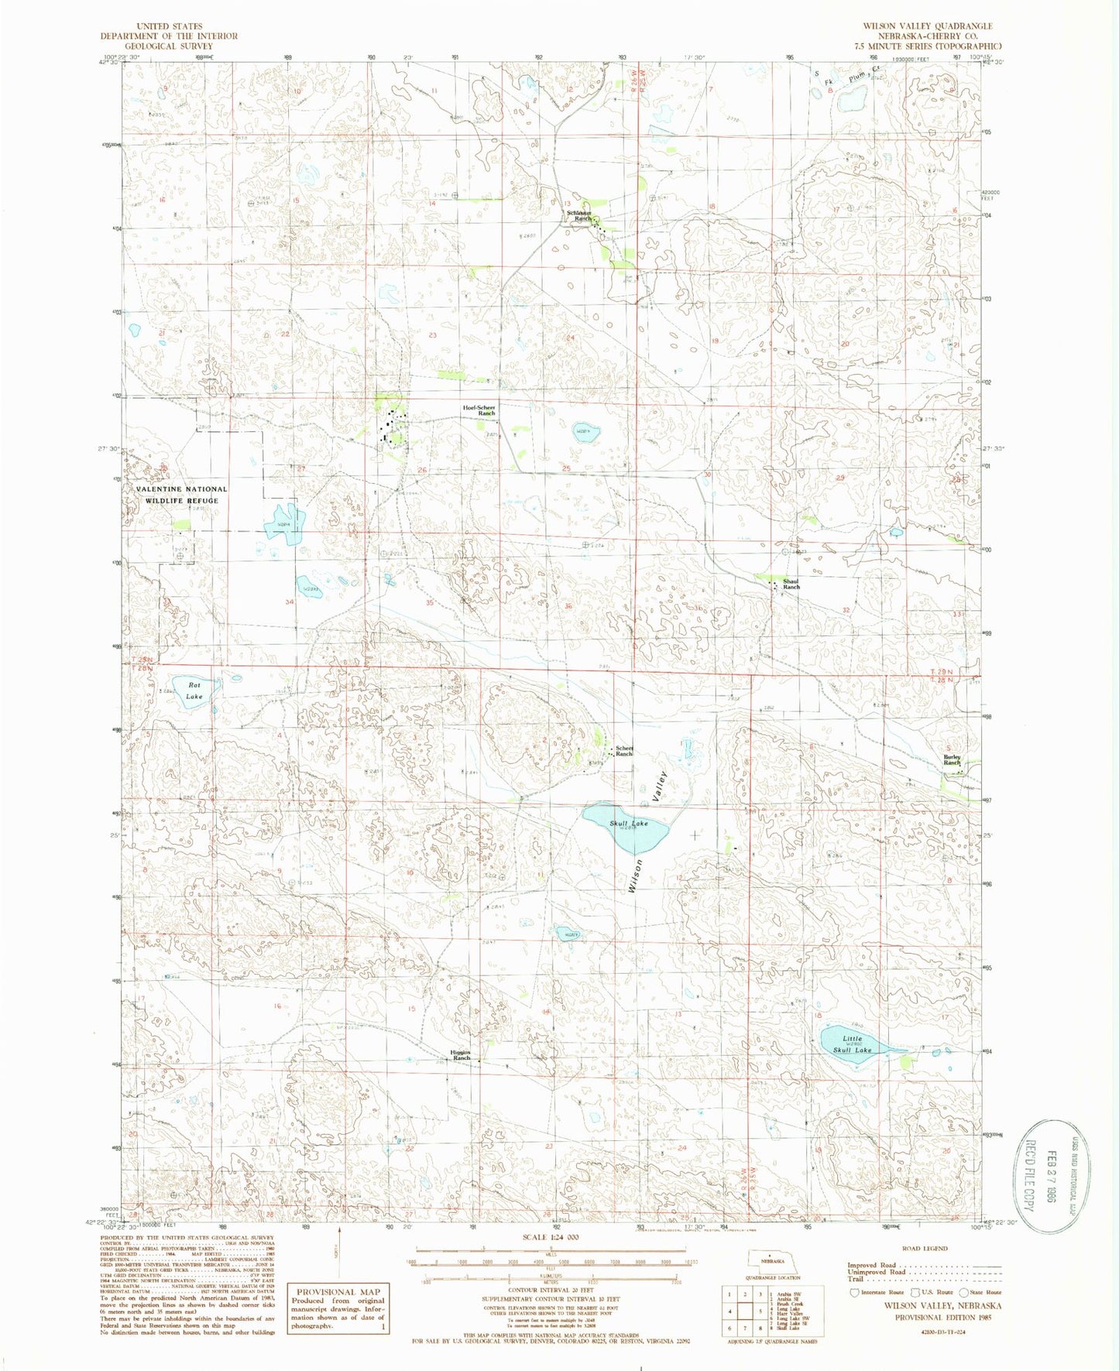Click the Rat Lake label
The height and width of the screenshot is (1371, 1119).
coord(194,691)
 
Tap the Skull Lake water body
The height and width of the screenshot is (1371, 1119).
coord(624,828)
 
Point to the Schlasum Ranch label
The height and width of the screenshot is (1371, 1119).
coord(579,216)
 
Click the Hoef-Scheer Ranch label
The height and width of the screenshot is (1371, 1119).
coord(479,410)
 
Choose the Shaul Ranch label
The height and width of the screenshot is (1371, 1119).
coord(791,584)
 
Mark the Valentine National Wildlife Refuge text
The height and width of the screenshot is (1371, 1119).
coord(182,495)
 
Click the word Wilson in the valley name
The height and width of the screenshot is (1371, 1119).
coord(636,876)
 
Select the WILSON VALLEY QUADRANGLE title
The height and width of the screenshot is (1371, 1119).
coord(927,26)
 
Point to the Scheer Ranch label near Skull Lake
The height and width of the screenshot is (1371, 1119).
coord(624,751)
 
